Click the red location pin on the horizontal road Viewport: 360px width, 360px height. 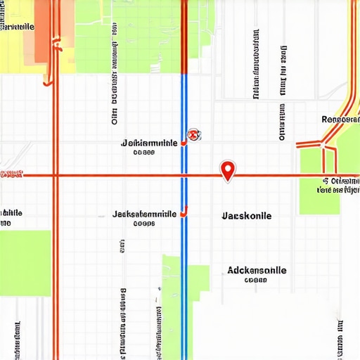227,170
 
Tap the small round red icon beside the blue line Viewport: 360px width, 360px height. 193,135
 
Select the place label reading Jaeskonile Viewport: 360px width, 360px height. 246,216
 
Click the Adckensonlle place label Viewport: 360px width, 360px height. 257,269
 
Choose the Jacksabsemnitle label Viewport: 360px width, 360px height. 144,213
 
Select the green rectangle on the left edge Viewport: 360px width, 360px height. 25,253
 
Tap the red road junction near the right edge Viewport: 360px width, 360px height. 324,145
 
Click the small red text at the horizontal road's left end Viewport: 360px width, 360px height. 11,173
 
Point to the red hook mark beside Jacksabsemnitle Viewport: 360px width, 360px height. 184,210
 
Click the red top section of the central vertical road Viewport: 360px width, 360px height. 184,35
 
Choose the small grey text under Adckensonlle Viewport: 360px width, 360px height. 256,279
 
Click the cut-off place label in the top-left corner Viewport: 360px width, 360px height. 17,27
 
